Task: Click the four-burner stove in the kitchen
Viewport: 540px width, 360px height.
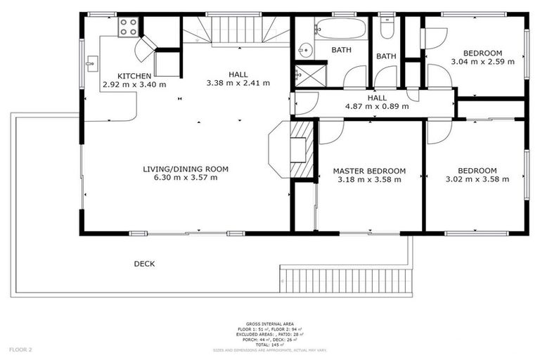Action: (x=129, y=27)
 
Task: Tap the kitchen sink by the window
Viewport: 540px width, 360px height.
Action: (x=91, y=64)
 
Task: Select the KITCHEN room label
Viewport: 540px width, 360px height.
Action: (x=134, y=76)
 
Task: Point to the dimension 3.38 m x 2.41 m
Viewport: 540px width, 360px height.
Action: (x=238, y=83)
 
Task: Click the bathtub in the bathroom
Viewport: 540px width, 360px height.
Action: (x=340, y=29)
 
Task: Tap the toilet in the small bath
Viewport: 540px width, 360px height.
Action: (x=386, y=28)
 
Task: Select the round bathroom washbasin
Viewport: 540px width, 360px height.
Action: (x=304, y=50)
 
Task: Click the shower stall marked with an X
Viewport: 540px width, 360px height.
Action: (x=310, y=73)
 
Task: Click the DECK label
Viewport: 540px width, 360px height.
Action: (x=144, y=264)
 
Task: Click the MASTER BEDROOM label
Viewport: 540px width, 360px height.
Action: (x=369, y=171)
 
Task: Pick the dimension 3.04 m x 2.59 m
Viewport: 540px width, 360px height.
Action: (x=482, y=62)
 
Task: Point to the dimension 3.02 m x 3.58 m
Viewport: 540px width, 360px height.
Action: (x=477, y=179)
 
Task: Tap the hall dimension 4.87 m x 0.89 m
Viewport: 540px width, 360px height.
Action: (x=376, y=107)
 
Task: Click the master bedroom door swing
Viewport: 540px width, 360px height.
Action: (x=330, y=131)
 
